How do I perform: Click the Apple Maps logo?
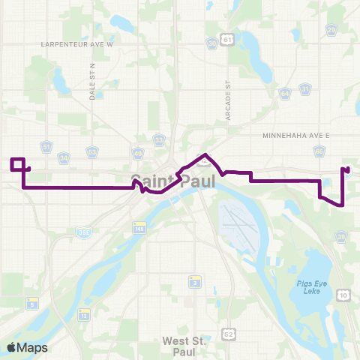(x=27, y=347)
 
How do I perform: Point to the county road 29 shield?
(x=331, y=29)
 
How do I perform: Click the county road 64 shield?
(x=285, y=94)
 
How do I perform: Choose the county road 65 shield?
(x=319, y=151)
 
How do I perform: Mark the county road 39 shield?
(x=341, y=237)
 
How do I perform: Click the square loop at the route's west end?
(x=18, y=164)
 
